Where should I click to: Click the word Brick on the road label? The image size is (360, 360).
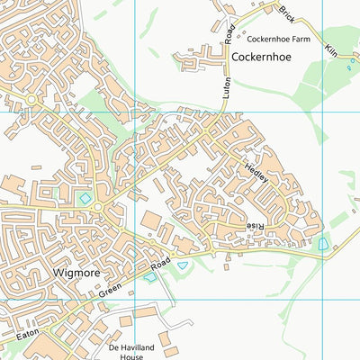286,14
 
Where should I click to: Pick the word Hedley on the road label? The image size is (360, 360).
256,172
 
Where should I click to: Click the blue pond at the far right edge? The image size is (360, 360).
323,243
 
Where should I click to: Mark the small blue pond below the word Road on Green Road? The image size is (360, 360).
149,277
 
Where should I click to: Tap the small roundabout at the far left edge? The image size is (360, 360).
30,98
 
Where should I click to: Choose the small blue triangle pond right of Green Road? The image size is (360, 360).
184,265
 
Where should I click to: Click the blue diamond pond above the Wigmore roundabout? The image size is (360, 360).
85,197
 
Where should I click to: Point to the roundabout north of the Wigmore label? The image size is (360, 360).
97,209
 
